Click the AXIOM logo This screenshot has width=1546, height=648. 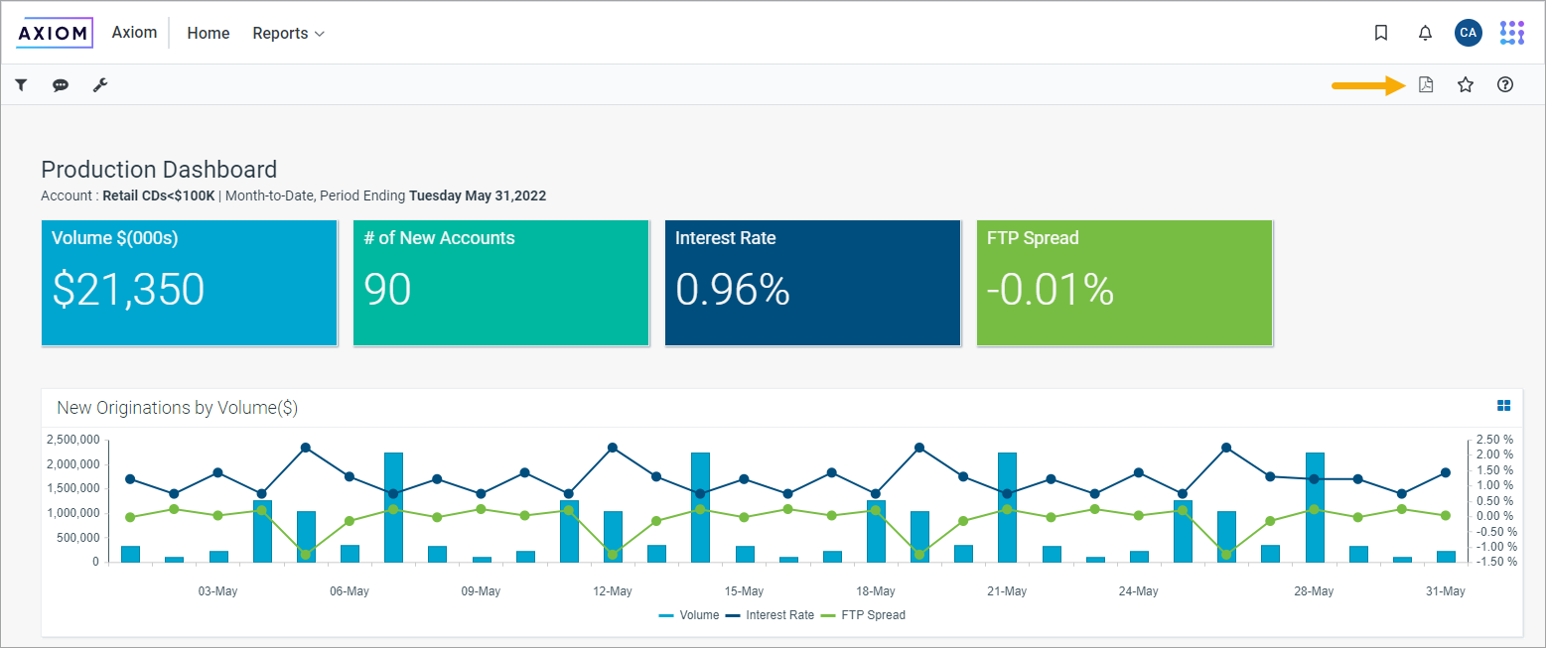(x=55, y=33)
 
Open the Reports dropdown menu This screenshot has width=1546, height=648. (x=288, y=33)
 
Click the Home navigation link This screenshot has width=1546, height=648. (x=209, y=33)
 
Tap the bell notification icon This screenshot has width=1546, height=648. (x=1425, y=33)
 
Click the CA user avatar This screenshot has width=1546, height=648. (x=1468, y=33)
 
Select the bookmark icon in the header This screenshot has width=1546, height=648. (x=1380, y=33)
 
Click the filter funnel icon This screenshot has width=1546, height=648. (x=20, y=85)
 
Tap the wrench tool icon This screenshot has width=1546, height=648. (x=100, y=85)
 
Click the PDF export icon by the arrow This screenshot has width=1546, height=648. (x=1426, y=84)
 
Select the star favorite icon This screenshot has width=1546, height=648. (x=1465, y=84)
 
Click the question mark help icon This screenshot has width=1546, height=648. (x=1504, y=84)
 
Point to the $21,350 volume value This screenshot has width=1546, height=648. (x=128, y=290)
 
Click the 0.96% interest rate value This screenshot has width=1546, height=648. (x=733, y=290)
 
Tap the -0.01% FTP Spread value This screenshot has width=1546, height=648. (x=1050, y=290)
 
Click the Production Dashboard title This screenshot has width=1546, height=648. (x=159, y=170)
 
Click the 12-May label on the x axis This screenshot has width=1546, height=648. (x=612, y=591)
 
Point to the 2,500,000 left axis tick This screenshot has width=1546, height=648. (x=73, y=440)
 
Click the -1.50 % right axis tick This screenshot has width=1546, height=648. (x=1494, y=562)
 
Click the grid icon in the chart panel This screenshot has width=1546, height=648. (x=1503, y=405)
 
